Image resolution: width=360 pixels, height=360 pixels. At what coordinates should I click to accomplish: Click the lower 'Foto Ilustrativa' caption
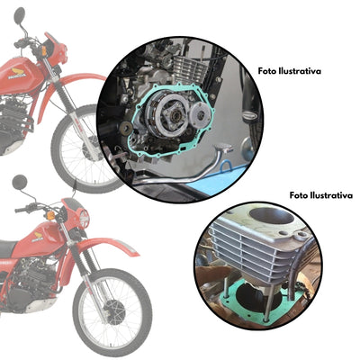click(x=320, y=194)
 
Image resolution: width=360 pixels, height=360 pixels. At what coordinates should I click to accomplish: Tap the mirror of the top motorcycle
click(x=20, y=15)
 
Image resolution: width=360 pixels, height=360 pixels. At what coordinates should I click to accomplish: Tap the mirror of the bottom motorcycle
click(x=20, y=182)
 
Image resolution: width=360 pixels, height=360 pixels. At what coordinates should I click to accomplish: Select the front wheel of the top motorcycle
click(x=90, y=144)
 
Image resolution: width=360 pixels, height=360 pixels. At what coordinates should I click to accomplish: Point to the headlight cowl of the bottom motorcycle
click(x=79, y=217)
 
